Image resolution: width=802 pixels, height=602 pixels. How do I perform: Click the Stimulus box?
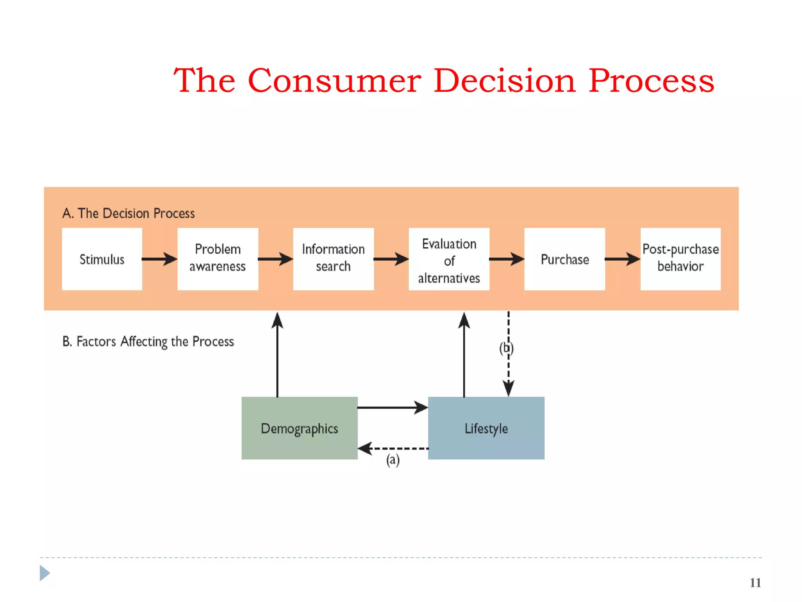point(102,259)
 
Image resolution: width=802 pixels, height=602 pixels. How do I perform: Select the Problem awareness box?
point(218,259)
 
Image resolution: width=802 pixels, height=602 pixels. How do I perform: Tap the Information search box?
point(333,259)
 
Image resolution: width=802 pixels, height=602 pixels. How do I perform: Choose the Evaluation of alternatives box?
point(449,259)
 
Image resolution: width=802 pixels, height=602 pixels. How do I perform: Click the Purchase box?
point(565,259)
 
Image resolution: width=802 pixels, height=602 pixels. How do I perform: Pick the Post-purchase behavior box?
point(680,259)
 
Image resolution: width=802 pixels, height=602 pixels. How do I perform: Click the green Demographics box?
point(299,428)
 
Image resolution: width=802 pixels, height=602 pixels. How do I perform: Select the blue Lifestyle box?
point(486,428)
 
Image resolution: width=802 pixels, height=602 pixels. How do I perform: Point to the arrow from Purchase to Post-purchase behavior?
point(622,259)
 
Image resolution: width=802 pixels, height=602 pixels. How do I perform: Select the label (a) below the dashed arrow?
point(393,460)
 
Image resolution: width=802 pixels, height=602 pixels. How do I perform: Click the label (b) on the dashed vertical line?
point(506,348)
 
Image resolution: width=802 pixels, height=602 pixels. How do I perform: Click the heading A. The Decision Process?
point(128,213)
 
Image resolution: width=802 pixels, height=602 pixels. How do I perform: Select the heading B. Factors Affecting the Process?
point(148,341)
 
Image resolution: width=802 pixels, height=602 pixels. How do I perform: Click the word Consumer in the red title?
point(334,81)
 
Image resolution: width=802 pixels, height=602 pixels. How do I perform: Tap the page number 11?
point(755,583)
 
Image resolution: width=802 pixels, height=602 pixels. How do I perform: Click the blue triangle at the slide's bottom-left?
point(45,573)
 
